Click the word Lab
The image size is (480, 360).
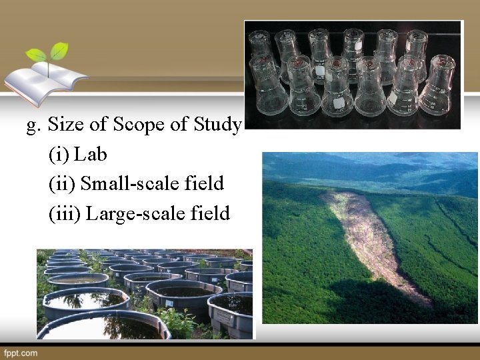[x=91, y=155]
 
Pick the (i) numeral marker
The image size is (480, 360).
[x=59, y=155]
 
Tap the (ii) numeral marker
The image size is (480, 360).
[x=62, y=184]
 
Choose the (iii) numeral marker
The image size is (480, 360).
[x=65, y=213]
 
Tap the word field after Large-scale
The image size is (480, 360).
[x=211, y=213]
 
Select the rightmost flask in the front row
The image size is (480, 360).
[x=437, y=87]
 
